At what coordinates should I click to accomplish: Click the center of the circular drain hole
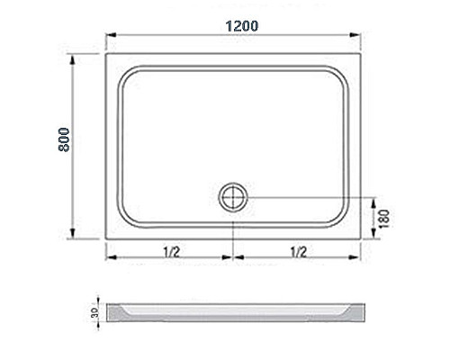click(x=233, y=195)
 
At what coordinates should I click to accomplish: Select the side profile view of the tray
click(x=239, y=312)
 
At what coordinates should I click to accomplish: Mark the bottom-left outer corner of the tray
click(x=106, y=242)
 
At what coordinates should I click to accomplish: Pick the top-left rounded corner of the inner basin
click(x=125, y=72)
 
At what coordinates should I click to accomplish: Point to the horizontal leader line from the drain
click(x=306, y=196)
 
